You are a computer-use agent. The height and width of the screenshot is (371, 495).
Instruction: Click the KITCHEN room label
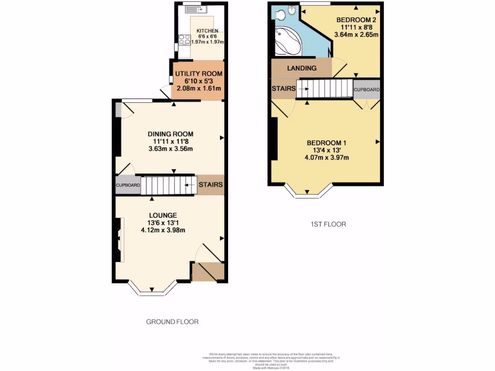(207, 31)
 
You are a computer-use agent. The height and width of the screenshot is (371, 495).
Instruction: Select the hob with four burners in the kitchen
(184, 40)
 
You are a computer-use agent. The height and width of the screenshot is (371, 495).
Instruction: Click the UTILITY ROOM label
(199, 74)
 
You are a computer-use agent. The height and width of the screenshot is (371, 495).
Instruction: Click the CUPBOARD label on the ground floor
(128, 185)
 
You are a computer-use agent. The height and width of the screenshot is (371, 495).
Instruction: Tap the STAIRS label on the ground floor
(211, 185)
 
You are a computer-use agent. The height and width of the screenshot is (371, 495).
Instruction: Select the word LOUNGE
(163, 215)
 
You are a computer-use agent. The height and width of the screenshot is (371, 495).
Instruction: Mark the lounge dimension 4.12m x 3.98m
(163, 230)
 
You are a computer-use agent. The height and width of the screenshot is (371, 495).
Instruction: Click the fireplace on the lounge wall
(119, 240)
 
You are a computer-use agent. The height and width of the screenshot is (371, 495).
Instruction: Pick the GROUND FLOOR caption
(172, 322)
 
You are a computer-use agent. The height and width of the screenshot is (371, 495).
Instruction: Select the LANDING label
(302, 68)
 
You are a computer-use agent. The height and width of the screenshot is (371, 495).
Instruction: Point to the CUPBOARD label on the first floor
(366, 90)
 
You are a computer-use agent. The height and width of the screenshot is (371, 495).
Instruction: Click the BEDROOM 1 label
(326, 143)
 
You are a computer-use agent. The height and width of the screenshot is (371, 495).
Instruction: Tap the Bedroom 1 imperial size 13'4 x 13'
(326, 150)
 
